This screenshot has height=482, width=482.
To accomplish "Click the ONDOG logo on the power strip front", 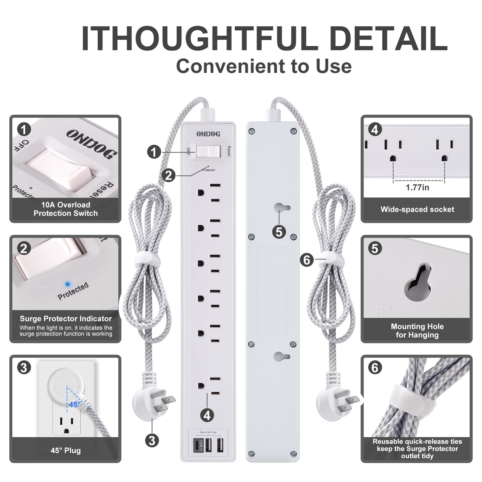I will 208,134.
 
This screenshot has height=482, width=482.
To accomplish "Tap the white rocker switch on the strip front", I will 208,151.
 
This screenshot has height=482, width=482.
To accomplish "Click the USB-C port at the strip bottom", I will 197,445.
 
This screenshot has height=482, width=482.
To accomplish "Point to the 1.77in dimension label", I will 417,187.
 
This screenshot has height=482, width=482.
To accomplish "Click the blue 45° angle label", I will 75,405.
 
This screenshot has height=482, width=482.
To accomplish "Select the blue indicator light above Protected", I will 68,284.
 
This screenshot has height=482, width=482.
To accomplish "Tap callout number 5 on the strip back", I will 279,232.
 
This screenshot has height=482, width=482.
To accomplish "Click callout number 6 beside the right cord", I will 307,260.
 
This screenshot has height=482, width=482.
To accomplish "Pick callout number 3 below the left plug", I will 152,440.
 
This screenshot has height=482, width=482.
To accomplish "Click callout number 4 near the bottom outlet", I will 207,415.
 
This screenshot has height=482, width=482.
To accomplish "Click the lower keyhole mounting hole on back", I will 282,356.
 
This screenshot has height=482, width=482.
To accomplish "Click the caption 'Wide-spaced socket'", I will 417,209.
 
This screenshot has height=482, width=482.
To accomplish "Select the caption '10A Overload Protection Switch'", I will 66,209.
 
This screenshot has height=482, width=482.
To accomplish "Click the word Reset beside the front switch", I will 229,151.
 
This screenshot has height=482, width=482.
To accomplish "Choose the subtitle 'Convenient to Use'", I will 264,66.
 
